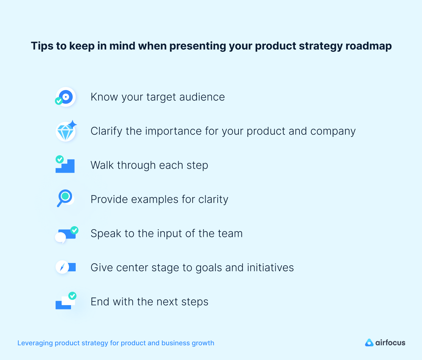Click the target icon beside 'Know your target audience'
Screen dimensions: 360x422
[66, 97]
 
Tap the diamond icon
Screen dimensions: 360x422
[66, 131]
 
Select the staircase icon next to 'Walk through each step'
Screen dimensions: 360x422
[65, 165]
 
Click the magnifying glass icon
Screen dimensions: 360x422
[65, 198]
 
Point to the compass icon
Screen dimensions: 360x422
[63, 267]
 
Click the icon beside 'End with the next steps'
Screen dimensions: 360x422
[65, 301]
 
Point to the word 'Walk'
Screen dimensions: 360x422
[102, 165]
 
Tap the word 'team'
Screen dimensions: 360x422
[230, 234]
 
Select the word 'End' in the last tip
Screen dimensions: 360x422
[100, 302]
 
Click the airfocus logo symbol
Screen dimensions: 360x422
[369, 343]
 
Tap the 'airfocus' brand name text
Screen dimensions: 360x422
[390, 343]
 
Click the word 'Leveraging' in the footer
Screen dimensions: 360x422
[35, 343]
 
